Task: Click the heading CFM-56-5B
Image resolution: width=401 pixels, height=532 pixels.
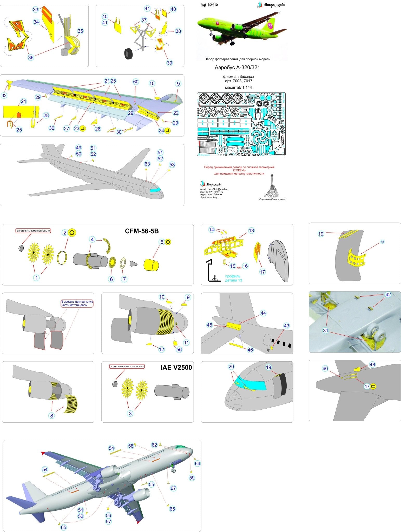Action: pos(142,231)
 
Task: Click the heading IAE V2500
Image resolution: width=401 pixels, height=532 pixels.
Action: pos(176,367)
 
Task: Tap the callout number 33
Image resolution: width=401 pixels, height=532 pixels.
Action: pos(36,10)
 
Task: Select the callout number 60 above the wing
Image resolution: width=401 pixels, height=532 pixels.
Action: pos(136,82)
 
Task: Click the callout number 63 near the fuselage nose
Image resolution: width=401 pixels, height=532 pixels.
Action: pos(147,164)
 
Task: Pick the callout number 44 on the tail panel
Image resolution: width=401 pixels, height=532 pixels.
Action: pos(263,313)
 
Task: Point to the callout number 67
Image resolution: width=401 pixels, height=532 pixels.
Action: pos(173,488)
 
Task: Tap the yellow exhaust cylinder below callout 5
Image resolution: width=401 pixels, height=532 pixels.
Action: pos(151,265)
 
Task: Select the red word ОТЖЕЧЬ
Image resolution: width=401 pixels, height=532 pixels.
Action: pos(239,170)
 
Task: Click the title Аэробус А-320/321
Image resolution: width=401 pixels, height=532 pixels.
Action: pos(237,68)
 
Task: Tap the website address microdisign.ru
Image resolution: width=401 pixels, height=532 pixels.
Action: pos(211,197)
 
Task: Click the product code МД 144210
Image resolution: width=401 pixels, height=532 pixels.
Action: pos(209,5)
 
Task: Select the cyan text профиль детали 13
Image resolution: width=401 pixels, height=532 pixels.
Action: pos(233,278)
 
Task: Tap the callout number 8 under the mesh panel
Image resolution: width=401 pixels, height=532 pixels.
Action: pos(52,416)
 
